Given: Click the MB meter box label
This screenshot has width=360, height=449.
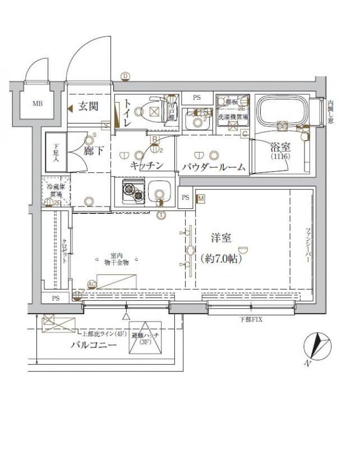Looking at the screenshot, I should pos(36,104).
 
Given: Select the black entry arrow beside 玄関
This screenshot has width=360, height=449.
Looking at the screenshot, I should pos(70,109).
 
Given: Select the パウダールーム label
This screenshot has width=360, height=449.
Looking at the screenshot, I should pos(213,167).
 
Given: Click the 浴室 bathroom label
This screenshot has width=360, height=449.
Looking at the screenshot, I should pos(280,149).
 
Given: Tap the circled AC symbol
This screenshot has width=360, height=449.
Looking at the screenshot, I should pos(93,285).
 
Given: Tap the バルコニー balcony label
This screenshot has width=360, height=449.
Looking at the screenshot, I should pos(93,345).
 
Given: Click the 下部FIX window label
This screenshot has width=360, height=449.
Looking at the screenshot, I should pos(245,319).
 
